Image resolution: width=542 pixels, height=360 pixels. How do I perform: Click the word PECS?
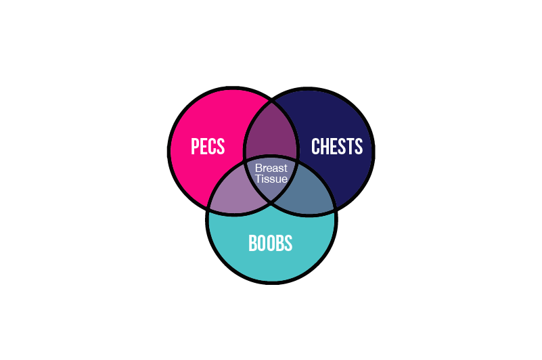point(208,146)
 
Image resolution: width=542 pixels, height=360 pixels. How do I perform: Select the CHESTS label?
point(337,146)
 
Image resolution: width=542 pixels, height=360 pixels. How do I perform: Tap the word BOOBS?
point(270,243)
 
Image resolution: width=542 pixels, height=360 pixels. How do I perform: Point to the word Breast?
point(271,168)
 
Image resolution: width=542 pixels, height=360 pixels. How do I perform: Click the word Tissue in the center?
point(271,179)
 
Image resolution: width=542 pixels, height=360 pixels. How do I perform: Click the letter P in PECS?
point(195,146)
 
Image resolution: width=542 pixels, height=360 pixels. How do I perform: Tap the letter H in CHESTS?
point(324,146)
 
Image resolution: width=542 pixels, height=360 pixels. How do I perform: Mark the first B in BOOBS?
point(252,243)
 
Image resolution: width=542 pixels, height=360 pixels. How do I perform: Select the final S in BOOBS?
point(288,243)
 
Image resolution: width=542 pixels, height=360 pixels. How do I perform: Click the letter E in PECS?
point(204,146)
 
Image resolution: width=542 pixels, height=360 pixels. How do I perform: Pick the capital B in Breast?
point(258,168)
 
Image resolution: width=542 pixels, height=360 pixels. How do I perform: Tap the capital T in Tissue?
point(258,179)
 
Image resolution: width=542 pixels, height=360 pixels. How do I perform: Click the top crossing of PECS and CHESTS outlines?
point(271,102)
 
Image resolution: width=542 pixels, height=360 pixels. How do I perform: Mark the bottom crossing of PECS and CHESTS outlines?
point(271,201)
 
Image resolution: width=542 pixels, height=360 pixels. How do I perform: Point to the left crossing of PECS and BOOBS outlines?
point(208,208)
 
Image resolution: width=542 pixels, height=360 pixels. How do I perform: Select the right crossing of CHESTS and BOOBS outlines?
point(334,209)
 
